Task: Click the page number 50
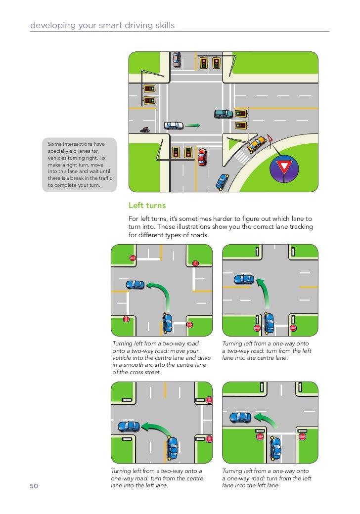coord(34,486)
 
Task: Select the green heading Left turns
coord(147,205)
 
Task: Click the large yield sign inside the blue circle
coord(284,167)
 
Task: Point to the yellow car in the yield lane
coord(256,144)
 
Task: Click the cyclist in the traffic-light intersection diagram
coord(145,130)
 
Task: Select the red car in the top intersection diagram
coord(202,157)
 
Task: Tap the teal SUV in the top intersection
coord(224,114)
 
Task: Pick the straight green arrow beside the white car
coord(193,126)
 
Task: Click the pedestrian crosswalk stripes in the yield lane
coord(242,158)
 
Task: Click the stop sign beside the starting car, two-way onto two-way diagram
coord(189,325)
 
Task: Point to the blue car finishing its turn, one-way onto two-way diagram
coord(243,279)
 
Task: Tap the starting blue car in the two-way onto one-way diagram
coord(173,447)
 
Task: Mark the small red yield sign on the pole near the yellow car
coord(270,136)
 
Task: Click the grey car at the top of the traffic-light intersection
coord(177,60)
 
